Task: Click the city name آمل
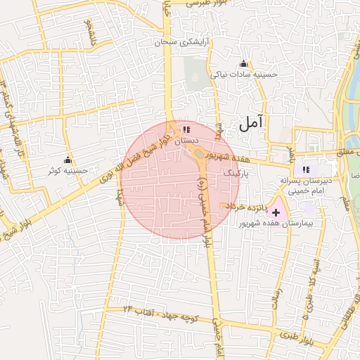(x=251, y=124)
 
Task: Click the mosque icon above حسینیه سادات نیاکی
(x=244, y=64)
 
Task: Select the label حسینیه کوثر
(x=67, y=170)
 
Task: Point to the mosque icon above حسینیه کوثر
(x=68, y=160)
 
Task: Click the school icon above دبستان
(x=186, y=130)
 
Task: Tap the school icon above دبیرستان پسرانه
(x=306, y=169)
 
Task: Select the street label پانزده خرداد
(x=244, y=207)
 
